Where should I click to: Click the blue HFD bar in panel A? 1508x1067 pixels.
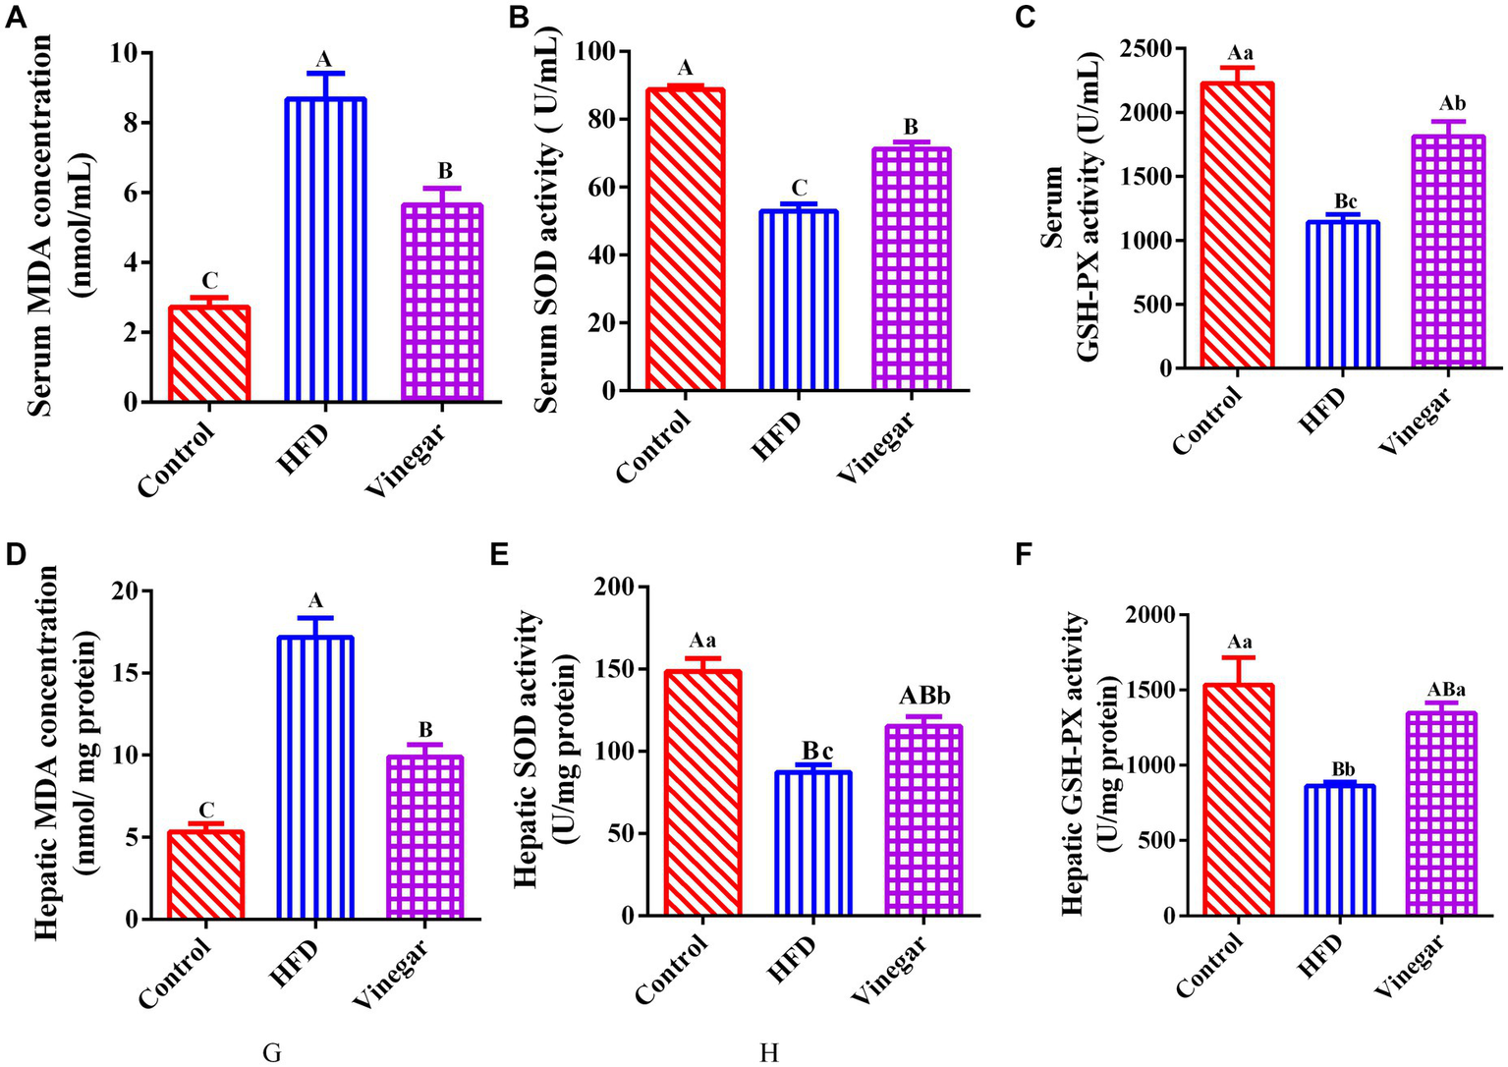click(324, 250)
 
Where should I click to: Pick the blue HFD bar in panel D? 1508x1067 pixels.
click(315, 777)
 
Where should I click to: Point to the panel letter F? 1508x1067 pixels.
click(1024, 556)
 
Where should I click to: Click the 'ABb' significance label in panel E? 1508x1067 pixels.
click(924, 697)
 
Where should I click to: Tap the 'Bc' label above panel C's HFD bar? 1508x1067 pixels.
click(1345, 201)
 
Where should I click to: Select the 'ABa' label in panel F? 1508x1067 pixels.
click(1439, 690)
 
